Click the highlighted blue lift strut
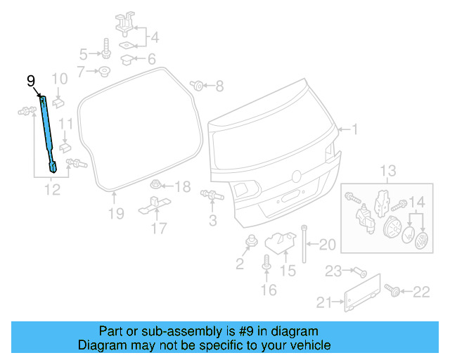pos(48,134)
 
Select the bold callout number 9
pos(30,82)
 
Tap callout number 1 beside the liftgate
pos(354,129)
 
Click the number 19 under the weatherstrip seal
pos(115,212)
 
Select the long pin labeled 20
pos(304,243)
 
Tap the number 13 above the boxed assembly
pos(388,171)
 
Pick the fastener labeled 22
pos(390,290)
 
